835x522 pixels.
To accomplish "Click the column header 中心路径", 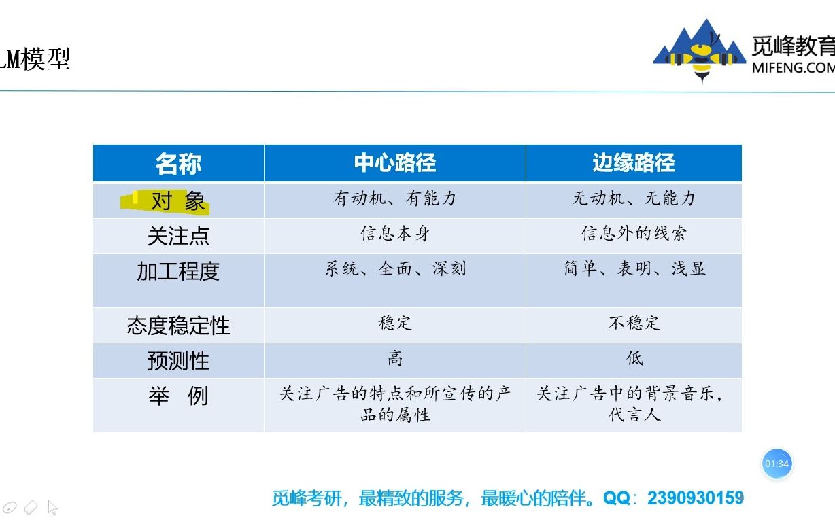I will click(394, 163).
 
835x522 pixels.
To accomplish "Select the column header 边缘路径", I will click(633, 163).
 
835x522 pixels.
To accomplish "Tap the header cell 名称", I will click(178, 164).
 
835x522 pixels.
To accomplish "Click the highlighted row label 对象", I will click(177, 201).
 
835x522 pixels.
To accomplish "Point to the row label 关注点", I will click(178, 236).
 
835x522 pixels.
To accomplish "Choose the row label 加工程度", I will click(178, 271).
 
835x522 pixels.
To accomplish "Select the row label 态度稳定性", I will click(178, 326).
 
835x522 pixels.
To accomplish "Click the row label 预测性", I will click(178, 361).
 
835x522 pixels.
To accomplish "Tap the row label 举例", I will click(178, 396).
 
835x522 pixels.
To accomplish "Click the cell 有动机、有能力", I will click(394, 198).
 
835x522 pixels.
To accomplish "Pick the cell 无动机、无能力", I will click(634, 198).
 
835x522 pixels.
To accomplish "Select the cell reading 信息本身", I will click(394, 234).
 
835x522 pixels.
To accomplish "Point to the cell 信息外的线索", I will click(634, 234).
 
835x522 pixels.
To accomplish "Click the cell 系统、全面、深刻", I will click(394, 268).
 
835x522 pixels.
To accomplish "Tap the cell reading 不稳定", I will click(634, 323).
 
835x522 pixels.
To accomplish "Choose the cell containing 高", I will click(394, 358).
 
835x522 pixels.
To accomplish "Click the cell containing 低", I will click(634, 358).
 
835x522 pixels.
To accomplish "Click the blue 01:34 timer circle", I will click(777, 464).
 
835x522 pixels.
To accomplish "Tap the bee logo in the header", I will click(699, 53).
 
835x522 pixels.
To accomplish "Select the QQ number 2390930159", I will click(696, 498).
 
